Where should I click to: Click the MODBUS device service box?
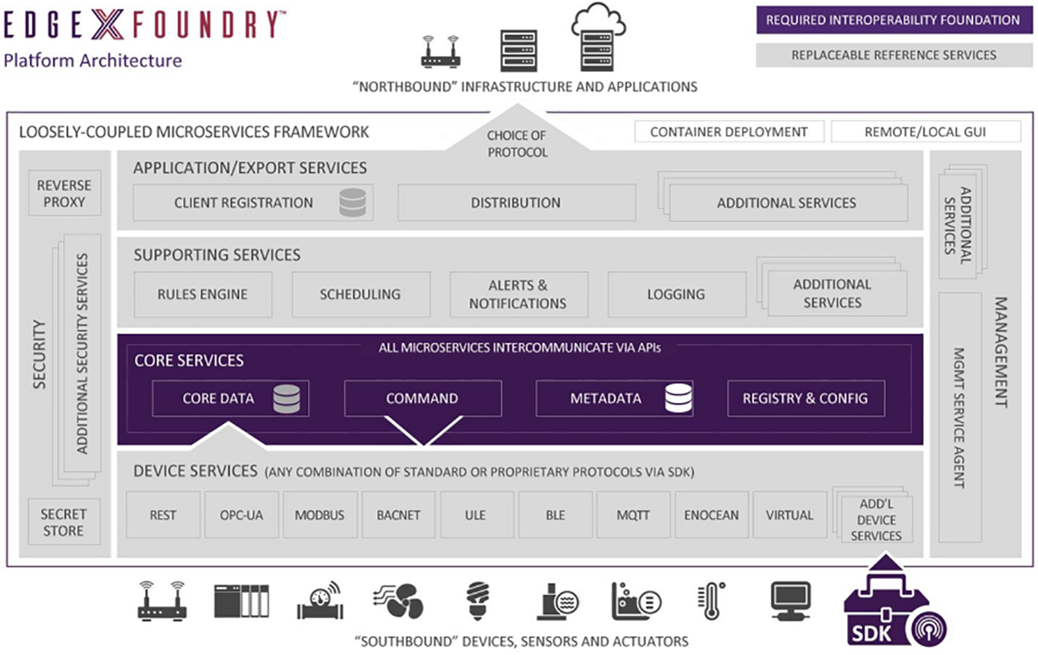click(x=320, y=515)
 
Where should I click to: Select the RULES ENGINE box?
click(x=202, y=294)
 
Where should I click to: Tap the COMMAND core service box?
click(x=422, y=398)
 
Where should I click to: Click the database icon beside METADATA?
click(x=678, y=398)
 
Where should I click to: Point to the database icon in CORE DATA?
click(x=286, y=399)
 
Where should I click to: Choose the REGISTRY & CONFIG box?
click(x=805, y=398)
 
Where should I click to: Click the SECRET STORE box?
click(x=64, y=522)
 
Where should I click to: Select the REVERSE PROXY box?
click(x=64, y=193)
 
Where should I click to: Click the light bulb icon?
click(x=478, y=600)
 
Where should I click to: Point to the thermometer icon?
click(x=712, y=600)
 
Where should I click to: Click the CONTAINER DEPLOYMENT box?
click(x=729, y=132)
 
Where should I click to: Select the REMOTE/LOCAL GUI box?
click(x=925, y=132)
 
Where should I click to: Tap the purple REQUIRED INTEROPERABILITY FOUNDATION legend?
click(x=893, y=20)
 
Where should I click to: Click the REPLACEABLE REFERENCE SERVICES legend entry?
click(x=893, y=55)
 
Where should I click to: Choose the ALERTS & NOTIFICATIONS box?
click(x=518, y=294)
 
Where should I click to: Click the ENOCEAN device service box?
click(x=711, y=515)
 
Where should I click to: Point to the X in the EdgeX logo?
click(x=106, y=25)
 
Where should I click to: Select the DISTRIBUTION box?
click(x=516, y=203)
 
